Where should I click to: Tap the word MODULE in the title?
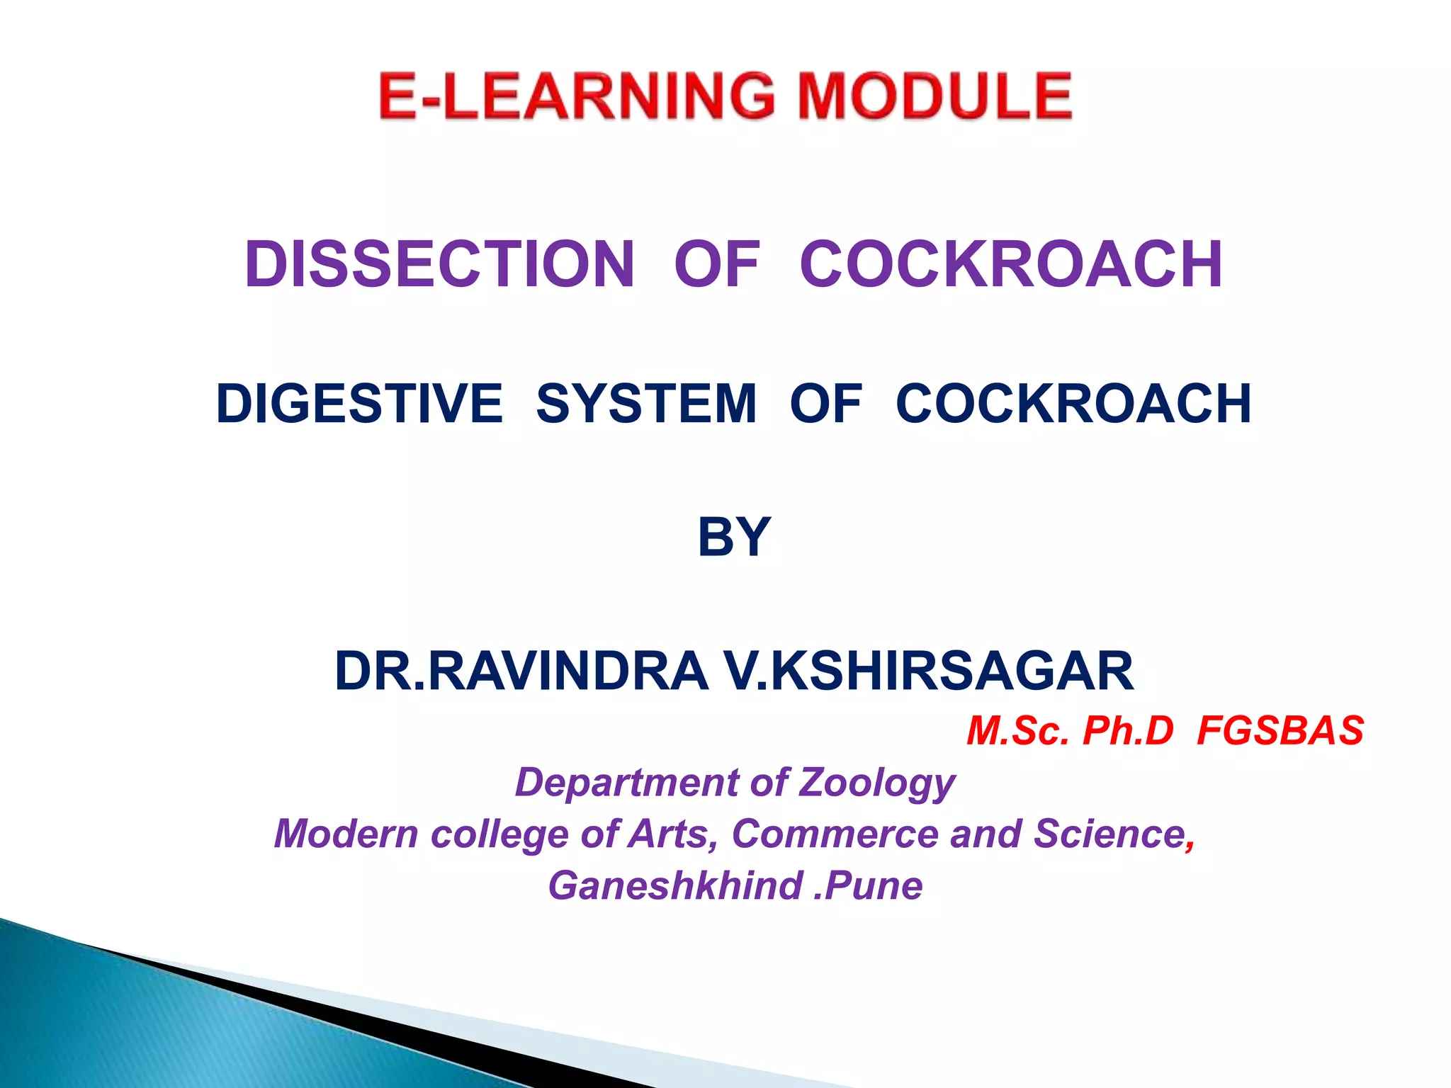coord(935,96)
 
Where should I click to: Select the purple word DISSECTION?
coord(439,264)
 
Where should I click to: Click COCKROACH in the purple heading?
coord(1011,264)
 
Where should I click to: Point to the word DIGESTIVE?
coord(359,403)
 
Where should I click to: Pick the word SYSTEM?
coord(646,403)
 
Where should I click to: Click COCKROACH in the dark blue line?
coord(1073,403)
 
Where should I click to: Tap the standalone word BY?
coord(734,537)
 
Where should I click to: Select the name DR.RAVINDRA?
coord(521,671)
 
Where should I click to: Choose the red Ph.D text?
coord(1128,730)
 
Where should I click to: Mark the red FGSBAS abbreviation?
coord(1280,730)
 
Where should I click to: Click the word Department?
coord(626,783)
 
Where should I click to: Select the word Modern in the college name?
coord(346,834)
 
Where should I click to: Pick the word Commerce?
coord(835,834)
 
